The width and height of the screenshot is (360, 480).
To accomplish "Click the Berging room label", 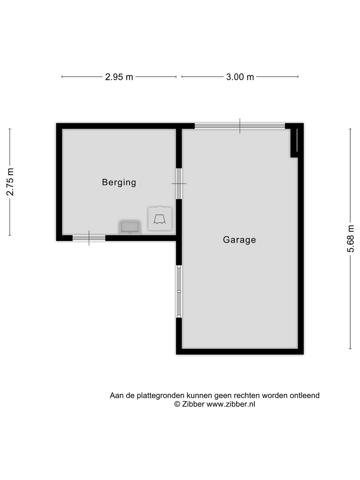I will click(119, 182).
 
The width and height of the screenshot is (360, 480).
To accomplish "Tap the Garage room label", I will click(239, 240).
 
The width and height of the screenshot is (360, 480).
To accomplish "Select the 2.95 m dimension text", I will click(119, 77).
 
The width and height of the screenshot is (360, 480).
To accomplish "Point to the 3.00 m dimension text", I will click(240, 77).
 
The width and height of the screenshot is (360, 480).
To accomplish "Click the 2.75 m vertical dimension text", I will click(10, 182).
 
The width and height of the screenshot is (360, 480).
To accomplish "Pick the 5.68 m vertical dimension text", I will click(351, 239).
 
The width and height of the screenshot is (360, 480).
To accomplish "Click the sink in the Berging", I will click(130, 227).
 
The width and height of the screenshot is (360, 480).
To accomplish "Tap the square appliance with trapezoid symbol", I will click(160, 219).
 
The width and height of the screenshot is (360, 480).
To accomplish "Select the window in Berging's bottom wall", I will click(89, 238).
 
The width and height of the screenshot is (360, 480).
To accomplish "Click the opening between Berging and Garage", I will click(179, 184).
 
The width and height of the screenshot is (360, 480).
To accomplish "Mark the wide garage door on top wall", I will click(240, 126).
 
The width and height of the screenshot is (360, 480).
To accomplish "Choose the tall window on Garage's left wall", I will click(179, 291).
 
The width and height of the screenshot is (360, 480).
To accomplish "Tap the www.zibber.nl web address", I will click(231, 404).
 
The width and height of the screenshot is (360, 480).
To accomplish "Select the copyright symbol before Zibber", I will click(177, 404).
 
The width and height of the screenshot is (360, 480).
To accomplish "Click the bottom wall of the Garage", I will click(240, 351).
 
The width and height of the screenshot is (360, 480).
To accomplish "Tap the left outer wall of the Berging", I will click(59, 182).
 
